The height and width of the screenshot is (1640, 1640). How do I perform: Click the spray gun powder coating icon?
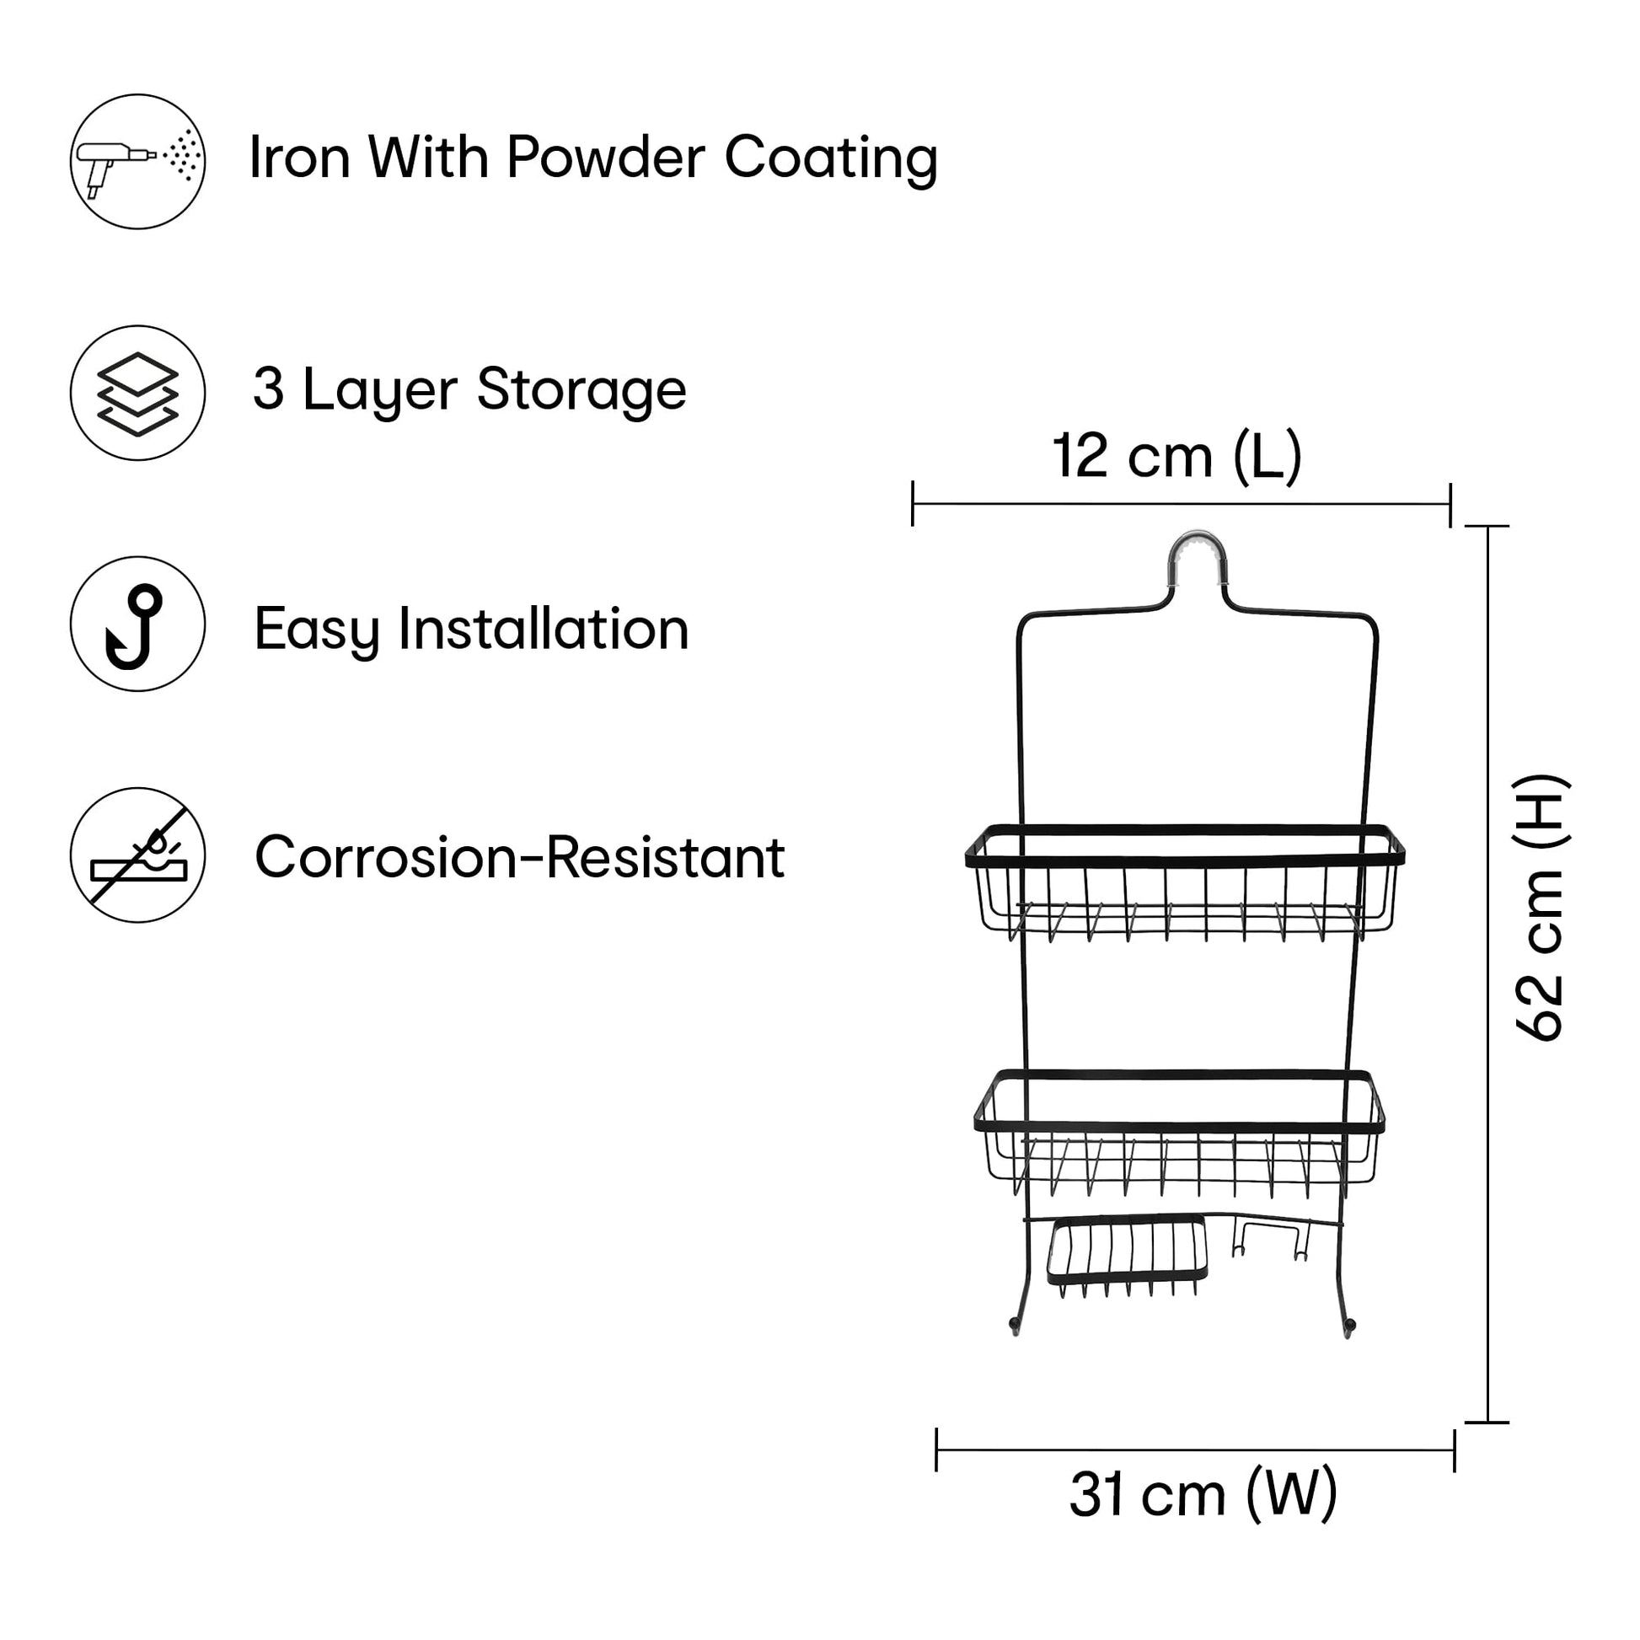[x=137, y=161]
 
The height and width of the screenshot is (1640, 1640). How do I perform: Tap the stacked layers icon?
[x=137, y=393]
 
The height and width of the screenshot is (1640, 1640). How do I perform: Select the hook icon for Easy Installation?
[x=137, y=624]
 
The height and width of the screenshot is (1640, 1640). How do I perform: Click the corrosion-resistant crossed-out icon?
[x=137, y=855]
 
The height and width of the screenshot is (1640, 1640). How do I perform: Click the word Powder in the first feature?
[x=605, y=158]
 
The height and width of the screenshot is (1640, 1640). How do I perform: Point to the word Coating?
[x=831, y=158]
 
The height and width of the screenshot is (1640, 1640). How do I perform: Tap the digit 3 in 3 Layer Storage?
[x=268, y=389]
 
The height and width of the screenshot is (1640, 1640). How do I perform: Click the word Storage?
[x=582, y=389]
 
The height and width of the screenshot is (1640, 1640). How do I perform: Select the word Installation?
[x=544, y=629]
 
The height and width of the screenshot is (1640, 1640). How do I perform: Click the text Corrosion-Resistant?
[x=519, y=857]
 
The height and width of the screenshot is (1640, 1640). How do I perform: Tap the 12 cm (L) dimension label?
[x=1176, y=457]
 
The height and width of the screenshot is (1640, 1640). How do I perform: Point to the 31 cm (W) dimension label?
[x=1203, y=1518]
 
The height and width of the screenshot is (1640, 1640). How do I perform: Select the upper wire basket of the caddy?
[x=1184, y=883]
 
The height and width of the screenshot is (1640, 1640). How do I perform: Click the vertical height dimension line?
[x=1488, y=976]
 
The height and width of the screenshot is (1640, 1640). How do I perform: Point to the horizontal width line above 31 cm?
[x=1195, y=1450]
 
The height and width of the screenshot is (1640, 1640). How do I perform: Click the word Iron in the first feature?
[x=300, y=158]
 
